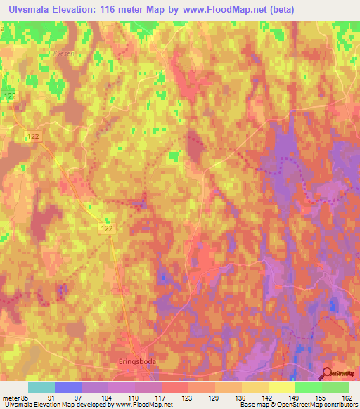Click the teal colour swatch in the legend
point(41,387)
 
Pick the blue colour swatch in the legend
point(68,387)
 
